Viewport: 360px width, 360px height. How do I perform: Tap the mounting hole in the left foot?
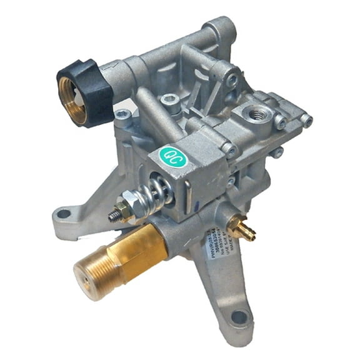pyautogui.click(x=63, y=214)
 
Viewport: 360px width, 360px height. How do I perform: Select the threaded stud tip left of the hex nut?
pyautogui.click(x=113, y=216)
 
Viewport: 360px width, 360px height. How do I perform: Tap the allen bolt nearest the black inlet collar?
pyautogui.click(x=122, y=115)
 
